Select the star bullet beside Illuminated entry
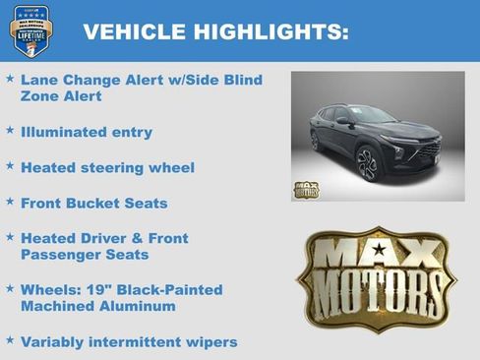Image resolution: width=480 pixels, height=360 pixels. pyautogui.click(x=10, y=129)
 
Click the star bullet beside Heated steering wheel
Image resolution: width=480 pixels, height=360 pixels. pyautogui.click(x=10, y=165)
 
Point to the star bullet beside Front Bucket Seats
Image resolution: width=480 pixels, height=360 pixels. pyautogui.click(x=10, y=201)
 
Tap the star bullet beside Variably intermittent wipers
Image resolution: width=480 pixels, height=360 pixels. pyautogui.click(x=10, y=340)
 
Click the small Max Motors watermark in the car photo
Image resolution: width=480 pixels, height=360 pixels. pyautogui.click(x=306, y=188)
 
